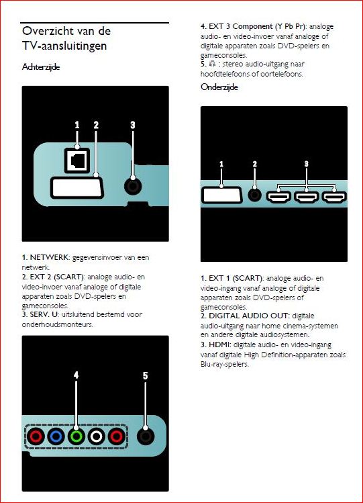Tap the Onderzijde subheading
click(220, 87)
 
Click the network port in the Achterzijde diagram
click(76, 159)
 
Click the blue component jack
click(56, 437)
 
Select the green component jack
click(76, 437)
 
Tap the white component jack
click(97, 437)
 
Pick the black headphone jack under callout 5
click(144, 437)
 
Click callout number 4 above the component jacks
click(76, 377)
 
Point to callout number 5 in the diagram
click(144, 377)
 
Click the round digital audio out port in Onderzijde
click(254, 195)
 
